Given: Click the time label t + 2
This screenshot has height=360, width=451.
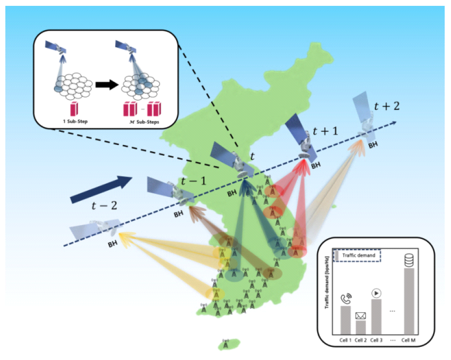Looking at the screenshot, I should [x=387, y=106].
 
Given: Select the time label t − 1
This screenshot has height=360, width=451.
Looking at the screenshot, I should [x=194, y=180].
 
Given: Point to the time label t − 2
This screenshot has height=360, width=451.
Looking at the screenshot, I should [x=105, y=205].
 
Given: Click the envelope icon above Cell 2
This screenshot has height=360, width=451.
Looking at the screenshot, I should [x=361, y=315].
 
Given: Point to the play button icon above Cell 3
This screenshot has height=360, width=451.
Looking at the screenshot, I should [x=376, y=293].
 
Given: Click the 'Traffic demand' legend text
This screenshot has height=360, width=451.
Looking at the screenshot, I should [x=359, y=255].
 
